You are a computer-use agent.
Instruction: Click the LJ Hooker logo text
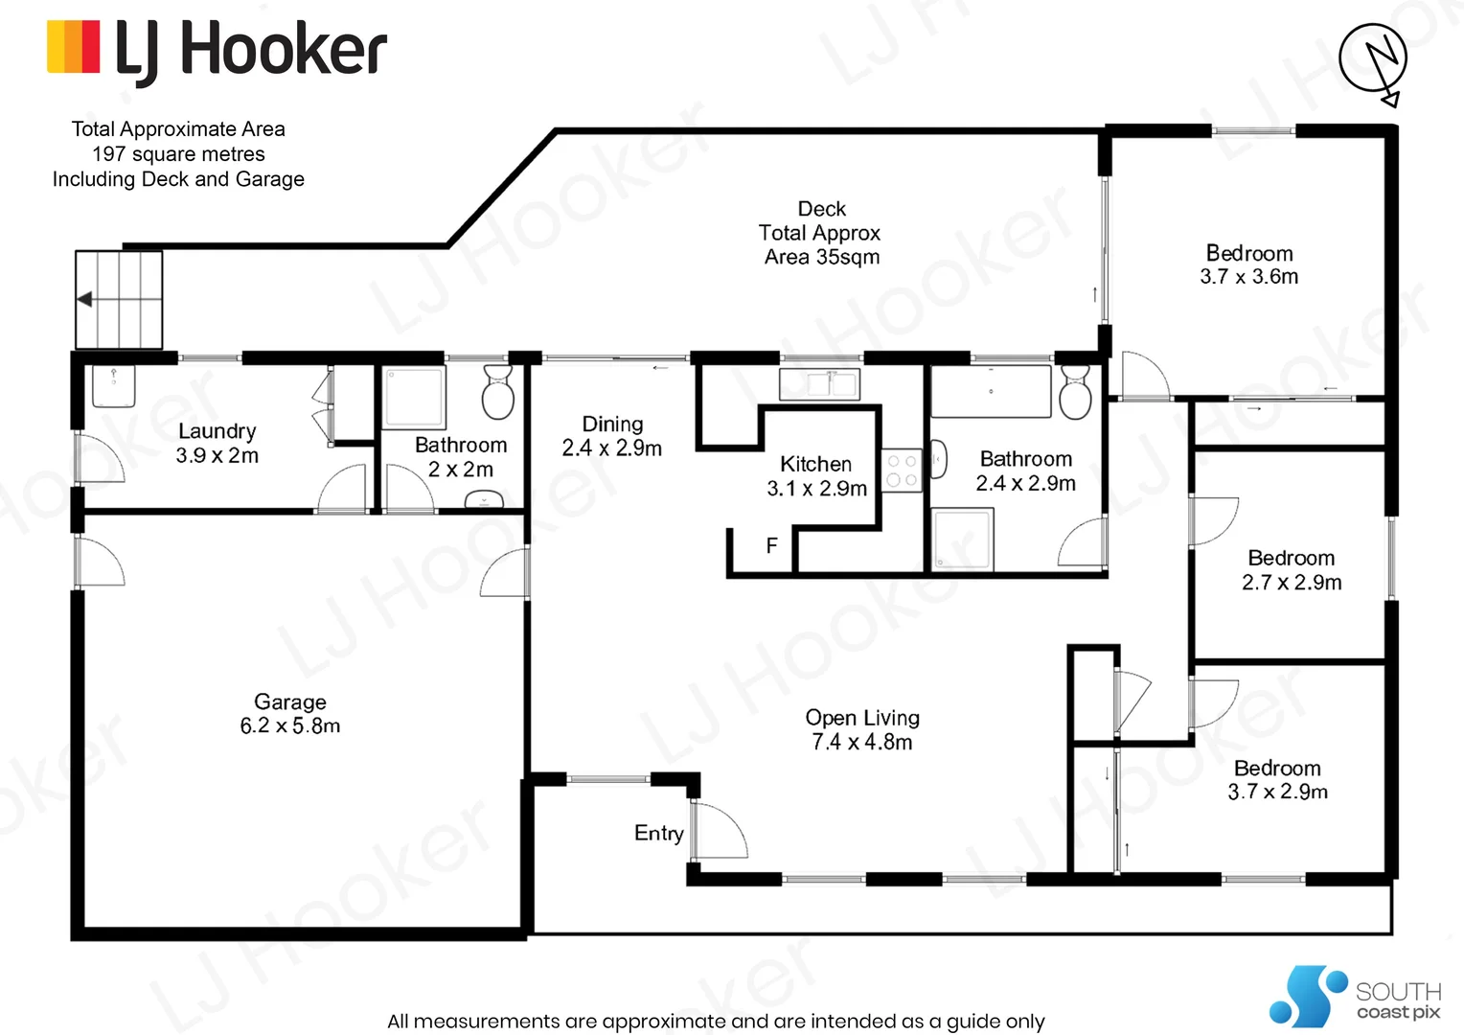coord(251,50)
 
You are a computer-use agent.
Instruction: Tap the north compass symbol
coord(1373,59)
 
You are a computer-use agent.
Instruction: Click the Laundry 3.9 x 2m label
coord(217,444)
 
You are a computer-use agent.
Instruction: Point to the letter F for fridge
coord(771,546)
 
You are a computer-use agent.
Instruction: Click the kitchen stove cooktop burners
coord(901,471)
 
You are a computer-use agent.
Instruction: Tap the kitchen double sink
coord(819,384)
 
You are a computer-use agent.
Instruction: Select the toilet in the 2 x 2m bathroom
coord(498,392)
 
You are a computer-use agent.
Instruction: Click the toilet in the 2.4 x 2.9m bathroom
coord(1075,393)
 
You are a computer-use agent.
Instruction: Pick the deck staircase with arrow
coord(119,300)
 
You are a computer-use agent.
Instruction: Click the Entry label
coord(659,833)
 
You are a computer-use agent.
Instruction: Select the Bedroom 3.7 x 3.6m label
coord(1248,265)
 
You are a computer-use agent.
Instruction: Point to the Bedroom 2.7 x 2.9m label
coord(1291,570)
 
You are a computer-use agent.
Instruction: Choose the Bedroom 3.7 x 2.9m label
coord(1277,780)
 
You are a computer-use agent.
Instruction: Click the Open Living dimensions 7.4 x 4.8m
coord(861,743)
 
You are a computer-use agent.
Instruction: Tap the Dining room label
coord(612,436)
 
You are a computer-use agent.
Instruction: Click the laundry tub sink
coord(114,385)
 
